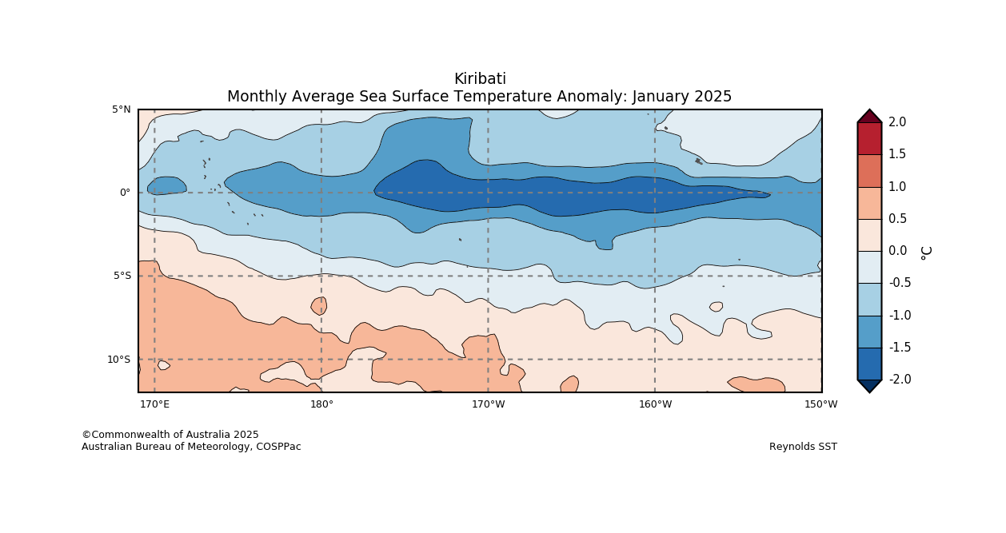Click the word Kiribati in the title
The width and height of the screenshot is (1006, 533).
tap(480, 79)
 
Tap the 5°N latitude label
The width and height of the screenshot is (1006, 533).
tap(122, 109)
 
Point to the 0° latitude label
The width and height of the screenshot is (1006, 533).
tap(125, 193)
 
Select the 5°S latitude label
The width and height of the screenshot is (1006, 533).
tap(122, 276)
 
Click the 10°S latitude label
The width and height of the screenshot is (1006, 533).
tap(119, 360)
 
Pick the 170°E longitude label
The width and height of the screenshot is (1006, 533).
tap(154, 404)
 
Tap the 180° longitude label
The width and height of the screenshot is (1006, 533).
tap(321, 404)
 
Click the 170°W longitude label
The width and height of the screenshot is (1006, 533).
tap(488, 404)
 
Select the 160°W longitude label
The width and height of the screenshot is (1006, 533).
tap(655, 404)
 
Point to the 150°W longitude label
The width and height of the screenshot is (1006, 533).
tap(821, 404)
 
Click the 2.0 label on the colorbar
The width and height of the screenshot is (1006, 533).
tap(897, 122)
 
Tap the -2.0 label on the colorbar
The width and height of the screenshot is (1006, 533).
tap(900, 380)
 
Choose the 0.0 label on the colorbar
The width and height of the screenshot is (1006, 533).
tap(897, 251)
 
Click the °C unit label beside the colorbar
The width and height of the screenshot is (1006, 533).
tap(926, 252)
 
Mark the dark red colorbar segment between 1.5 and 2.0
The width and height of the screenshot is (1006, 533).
tap(869, 138)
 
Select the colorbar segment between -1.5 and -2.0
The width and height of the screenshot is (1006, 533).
tap(869, 364)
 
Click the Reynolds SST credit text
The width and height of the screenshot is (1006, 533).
tap(803, 447)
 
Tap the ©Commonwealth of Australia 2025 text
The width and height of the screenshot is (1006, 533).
tap(170, 435)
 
